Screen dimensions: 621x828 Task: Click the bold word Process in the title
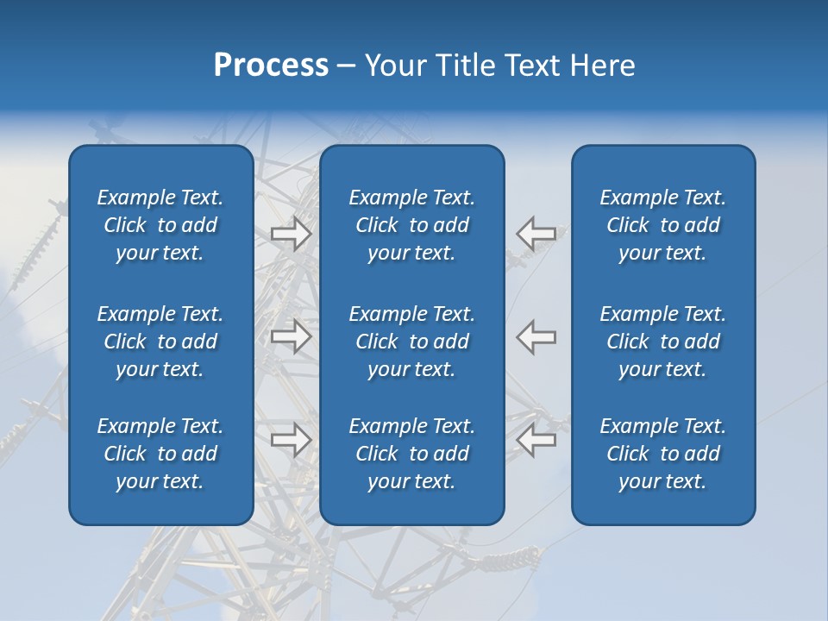271,66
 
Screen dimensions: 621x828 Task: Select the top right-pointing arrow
291,234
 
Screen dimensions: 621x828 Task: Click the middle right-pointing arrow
291,336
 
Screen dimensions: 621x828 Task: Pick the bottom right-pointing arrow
291,440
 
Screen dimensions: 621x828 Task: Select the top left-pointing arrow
536,234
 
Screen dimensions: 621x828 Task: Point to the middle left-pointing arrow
536,336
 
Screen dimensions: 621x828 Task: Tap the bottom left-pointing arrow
536,440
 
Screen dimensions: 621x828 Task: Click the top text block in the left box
160,225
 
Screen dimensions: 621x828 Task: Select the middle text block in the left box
160,342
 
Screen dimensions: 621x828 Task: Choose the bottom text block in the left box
160,454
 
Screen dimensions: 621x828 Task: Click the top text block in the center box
411,225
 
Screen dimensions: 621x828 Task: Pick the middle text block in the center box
411,342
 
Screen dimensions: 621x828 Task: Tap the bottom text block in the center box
411,454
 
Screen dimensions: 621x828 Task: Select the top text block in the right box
662,225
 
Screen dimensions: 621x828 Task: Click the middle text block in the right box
662,342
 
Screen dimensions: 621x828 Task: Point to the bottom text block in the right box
662,454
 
